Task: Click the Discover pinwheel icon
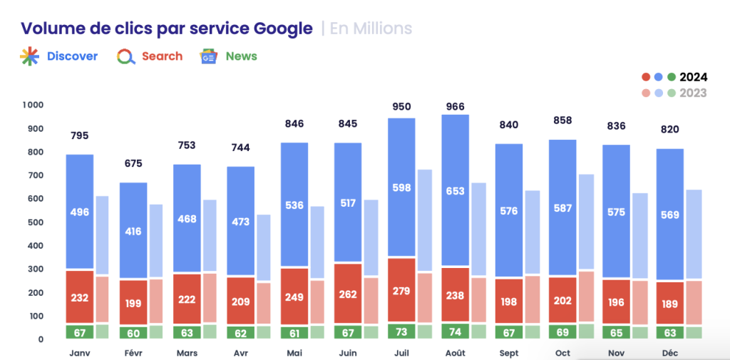pyautogui.click(x=29, y=56)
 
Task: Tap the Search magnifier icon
pyautogui.click(x=126, y=56)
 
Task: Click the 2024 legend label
pyautogui.click(x=693, y=77)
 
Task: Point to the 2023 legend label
pyautogui.click(x=693, y=93)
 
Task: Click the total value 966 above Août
pyautogui.click(x=455, y=107)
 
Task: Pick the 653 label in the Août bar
pyautogui.click(x=456, y=191)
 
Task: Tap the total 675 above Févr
pyautogui.click(x=133, y=163)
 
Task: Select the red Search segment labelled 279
pyautogui.click(x=401, y=290)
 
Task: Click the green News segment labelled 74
pyautogui.click(x=456, y=331)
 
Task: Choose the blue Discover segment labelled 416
pyautogui.click(x=133, y=231)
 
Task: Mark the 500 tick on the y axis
pyautogui.click(x=34, y=222)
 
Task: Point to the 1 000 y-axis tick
pyautogui.click(x=33, y=105)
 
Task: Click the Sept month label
pyautogui.click(x=509, y=353)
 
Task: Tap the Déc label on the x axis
pyautogui.click(x=669, y=353)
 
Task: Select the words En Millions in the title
pyautogui.click(x=371, y=29)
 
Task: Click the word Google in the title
pyautogui.click(x=283, y=29)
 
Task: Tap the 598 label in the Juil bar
pyautogui.click(x=401, y=187)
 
